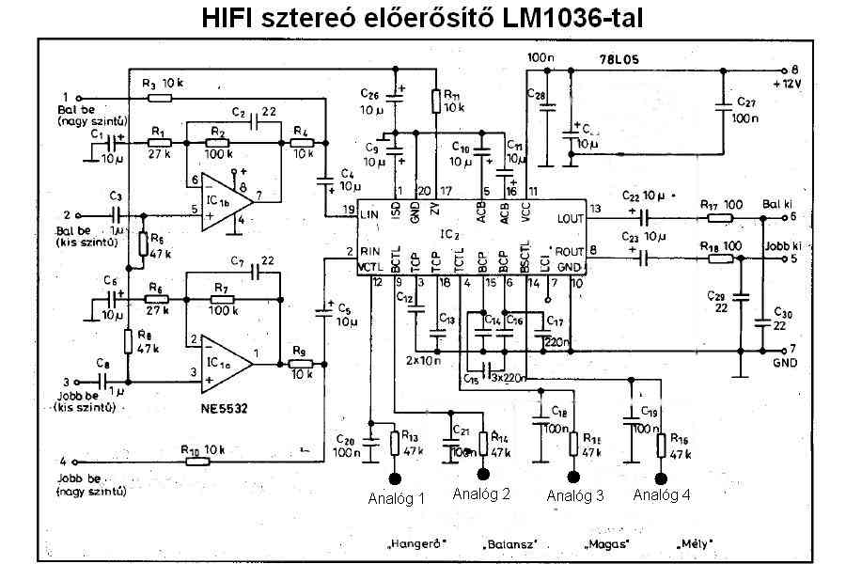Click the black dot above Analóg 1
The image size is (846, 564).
[394, 478]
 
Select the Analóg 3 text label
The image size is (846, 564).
[574, 495]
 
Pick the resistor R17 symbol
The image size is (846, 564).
[720, 217]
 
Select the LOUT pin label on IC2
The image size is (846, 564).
[569, 217]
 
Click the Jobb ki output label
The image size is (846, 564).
[782, 247]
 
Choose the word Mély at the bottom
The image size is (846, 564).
[694, 543]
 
